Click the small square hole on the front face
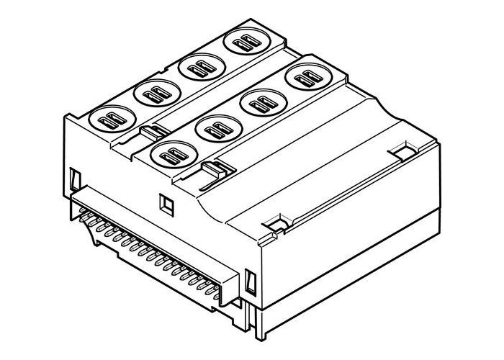tap(165, 204)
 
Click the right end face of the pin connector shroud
tap(233, 284)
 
